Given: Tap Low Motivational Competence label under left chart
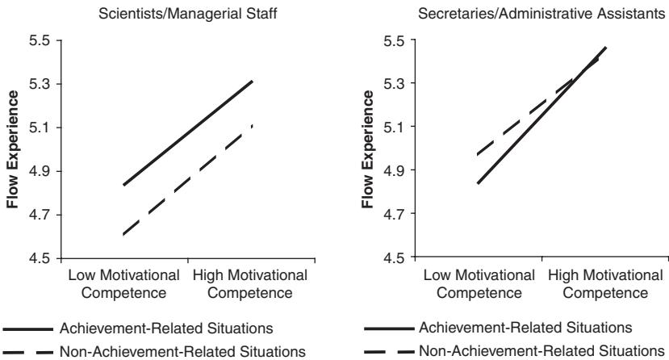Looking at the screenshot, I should [120, 283].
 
